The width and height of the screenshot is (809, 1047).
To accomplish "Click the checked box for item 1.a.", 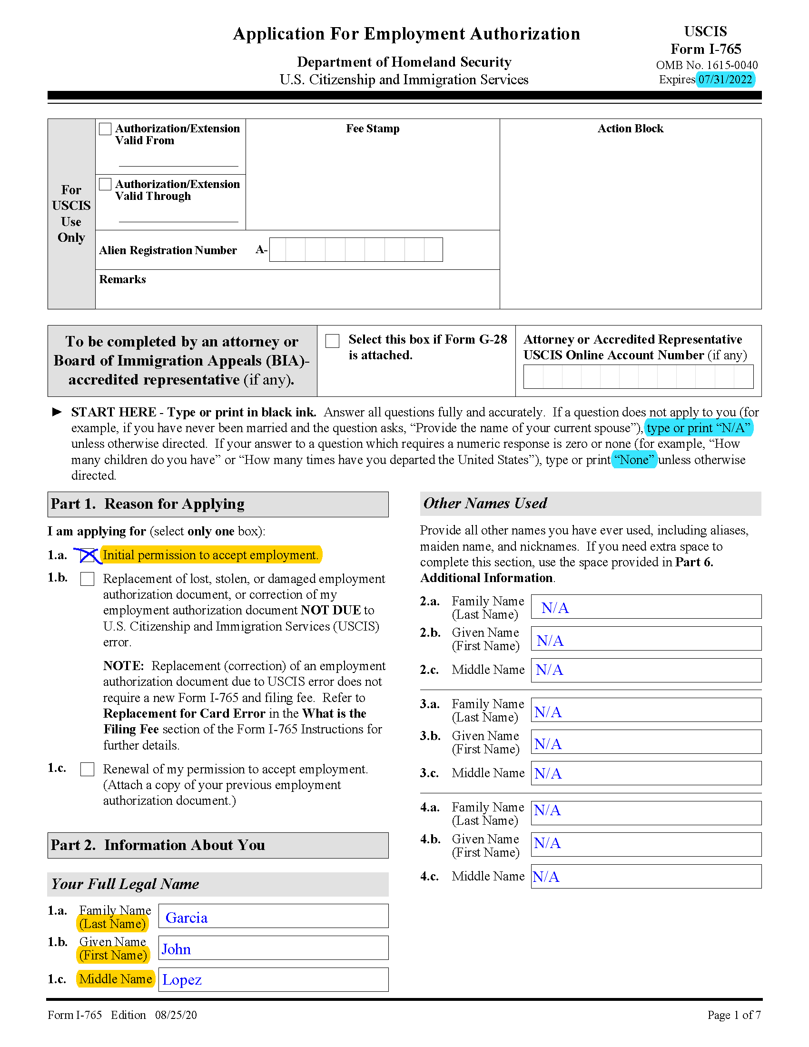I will click(87, 555).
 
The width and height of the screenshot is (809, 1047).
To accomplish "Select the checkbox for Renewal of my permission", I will click(87, 769).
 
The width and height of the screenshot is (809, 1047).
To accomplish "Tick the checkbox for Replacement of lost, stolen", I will click(87, 579).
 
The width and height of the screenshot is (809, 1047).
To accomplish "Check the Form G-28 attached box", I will click(332, 341).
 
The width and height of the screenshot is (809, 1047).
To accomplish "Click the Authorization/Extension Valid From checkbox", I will click(105, 129).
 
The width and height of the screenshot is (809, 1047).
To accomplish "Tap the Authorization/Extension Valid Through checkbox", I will click(105, 184).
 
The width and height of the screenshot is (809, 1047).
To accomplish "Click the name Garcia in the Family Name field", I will click(187, 918).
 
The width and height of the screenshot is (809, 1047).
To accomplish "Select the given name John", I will click(176, 949).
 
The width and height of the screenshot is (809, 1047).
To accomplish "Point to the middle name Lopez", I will click(182, 980).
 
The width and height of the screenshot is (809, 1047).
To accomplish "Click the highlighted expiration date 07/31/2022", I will click(725, 79).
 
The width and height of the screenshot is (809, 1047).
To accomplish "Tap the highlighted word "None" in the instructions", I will click(633, 460).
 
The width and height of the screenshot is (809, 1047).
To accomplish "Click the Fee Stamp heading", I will click(373, 128).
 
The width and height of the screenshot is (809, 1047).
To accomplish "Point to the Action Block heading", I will click(630, 128).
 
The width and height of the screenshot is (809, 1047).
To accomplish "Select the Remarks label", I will click(122, 279).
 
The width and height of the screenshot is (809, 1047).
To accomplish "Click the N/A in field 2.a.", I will click(555, 608).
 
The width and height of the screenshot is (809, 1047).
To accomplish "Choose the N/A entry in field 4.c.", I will click(546, 877).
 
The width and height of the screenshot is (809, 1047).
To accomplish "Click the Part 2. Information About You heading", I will click(158, 845).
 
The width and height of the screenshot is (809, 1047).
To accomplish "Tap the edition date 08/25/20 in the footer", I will click(176, 1015).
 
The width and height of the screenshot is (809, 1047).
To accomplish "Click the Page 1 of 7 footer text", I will click(734, 1015).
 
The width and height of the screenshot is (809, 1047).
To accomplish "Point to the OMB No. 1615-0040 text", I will click(706, 65).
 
